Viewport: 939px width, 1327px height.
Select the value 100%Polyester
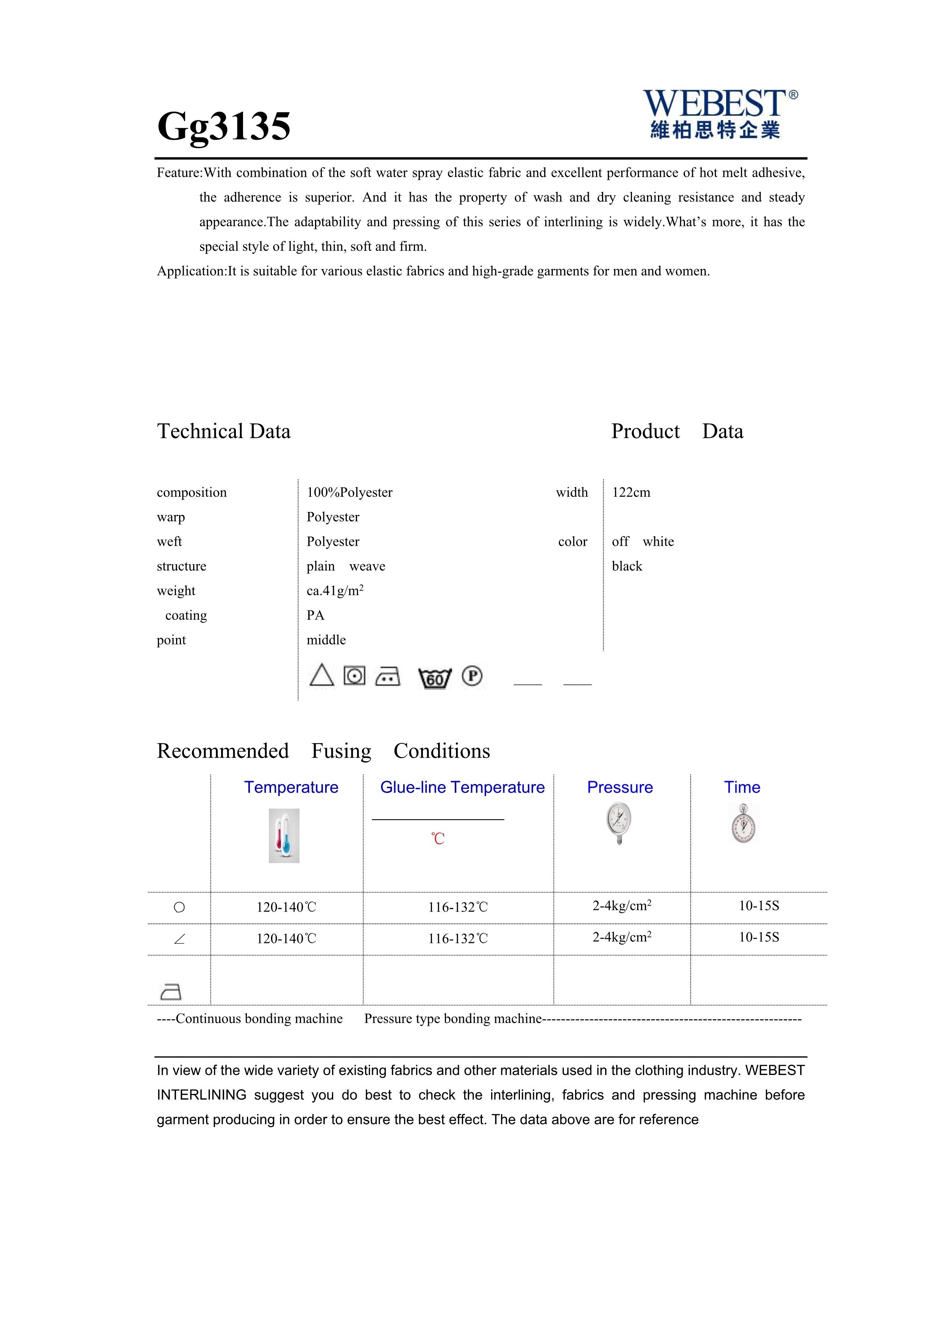click(x=349, y=492)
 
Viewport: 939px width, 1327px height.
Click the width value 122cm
click(x=631, y=492)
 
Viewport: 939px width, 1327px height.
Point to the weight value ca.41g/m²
click(x=335, y=591)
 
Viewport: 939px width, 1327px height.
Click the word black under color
click(x=627, y=566)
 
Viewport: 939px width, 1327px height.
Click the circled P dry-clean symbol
click(x=472, y=676)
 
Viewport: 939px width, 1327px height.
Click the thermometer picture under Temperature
click(x=284, y=836)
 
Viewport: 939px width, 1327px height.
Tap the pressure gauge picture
click(x=619, y=824)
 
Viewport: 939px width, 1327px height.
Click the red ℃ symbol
click(x=438, y=839)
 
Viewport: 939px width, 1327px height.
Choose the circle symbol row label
click(x=179, y=907)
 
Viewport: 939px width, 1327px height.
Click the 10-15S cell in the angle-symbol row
click(x=759, y=938)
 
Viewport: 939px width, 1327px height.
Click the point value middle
click(x=326, y=640)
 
